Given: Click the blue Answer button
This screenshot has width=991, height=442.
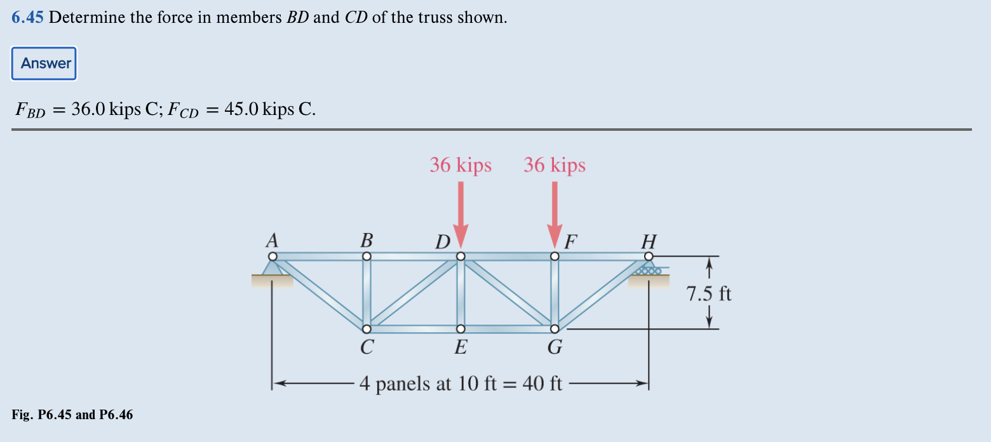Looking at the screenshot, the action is [x=44, y=64].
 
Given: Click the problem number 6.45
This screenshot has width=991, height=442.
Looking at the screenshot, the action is [x=27, y=18].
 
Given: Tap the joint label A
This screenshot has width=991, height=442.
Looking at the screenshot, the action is [x=272, y=241].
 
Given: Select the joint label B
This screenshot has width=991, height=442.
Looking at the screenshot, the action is [x=367, y=241].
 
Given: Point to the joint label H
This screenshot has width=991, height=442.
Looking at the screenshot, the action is [x=649, y=241].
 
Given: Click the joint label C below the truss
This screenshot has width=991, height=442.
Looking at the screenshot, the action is [x=367, y=347].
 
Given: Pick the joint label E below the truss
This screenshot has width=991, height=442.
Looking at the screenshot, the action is [x=461, y=347].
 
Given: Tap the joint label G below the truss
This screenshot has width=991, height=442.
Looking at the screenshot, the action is [x=555, y=347].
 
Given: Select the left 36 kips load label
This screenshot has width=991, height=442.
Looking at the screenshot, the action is [x=461, y=165].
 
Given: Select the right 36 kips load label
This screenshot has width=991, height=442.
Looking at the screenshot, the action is [x=555, y=165].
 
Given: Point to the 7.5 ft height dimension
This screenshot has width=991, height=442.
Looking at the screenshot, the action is [x=709, y=294].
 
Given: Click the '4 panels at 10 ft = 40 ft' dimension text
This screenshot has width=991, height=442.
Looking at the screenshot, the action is [x=461, y=384].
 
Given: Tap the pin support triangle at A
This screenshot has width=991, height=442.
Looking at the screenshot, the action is [x=273, y=268].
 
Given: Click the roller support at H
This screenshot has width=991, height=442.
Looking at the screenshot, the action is [x=648, y=270].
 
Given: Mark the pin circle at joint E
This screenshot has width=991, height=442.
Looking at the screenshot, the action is [x=461, y=328].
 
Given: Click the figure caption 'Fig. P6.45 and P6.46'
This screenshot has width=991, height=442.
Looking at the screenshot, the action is [x=72, y=415].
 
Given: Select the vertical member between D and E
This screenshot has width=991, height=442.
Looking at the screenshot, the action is [x=461, y=292].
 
